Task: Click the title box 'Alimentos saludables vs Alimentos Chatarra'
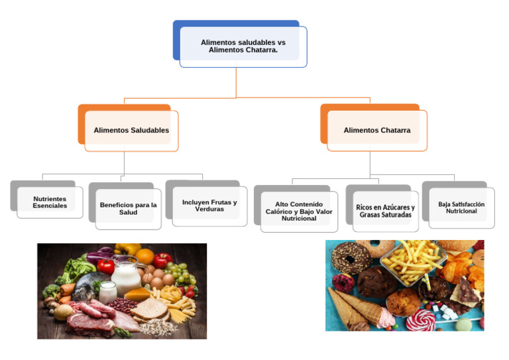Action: pyautogui.click(x=243, y=46)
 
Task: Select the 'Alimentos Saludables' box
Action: pyautogui.click(x=131, y=130)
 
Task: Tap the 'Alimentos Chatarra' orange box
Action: pyautogui.click(x=376, y=130)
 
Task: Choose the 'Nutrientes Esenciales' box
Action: pyautogui.click(x=50, y=202)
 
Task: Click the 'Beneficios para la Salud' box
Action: pyautogui.click(x=128, y=209)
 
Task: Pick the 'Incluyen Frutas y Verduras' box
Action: pyautogui.click(x=209, y=206)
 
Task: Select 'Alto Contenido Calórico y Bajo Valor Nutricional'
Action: pyautogui.click(x=299, y=211)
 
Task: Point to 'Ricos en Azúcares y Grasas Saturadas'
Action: pyautogui.click(x=385, y=211)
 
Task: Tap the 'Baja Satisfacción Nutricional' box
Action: pyautogui.click(x=461, y=207)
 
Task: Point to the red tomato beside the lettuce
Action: pyautogui.click(x=105, y=266)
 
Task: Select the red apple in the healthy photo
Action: pyautogui.click(x=162, y=260)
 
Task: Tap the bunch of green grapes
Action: pyautogui.click(x=179, y=273)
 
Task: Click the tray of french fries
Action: pyautogui.click(x=414, y=259)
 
